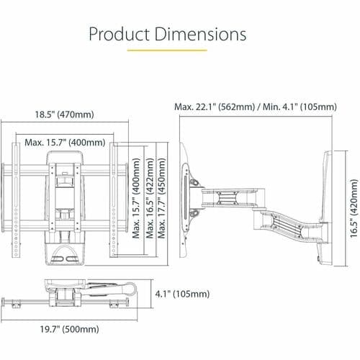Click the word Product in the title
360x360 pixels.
tap(120, 34)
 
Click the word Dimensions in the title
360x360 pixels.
tap(200, 34)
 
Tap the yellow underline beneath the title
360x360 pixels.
tap(167, 50)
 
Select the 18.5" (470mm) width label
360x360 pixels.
tap(65, 114)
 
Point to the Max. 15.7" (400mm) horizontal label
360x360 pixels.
tap(65, 143)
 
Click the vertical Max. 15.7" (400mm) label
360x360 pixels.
tap(136, 198)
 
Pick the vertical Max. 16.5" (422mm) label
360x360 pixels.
tap(150, 198)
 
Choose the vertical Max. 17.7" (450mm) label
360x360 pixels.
tap(161, 198)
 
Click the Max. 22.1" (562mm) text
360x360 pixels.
tap(215, 107)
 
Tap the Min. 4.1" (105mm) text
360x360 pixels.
tap(300, 107)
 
